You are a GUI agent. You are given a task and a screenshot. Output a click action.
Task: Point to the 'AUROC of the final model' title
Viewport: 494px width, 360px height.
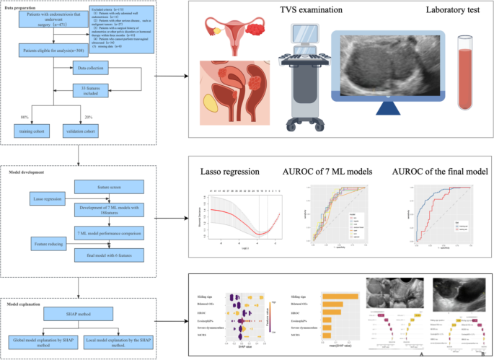click(435, 174)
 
